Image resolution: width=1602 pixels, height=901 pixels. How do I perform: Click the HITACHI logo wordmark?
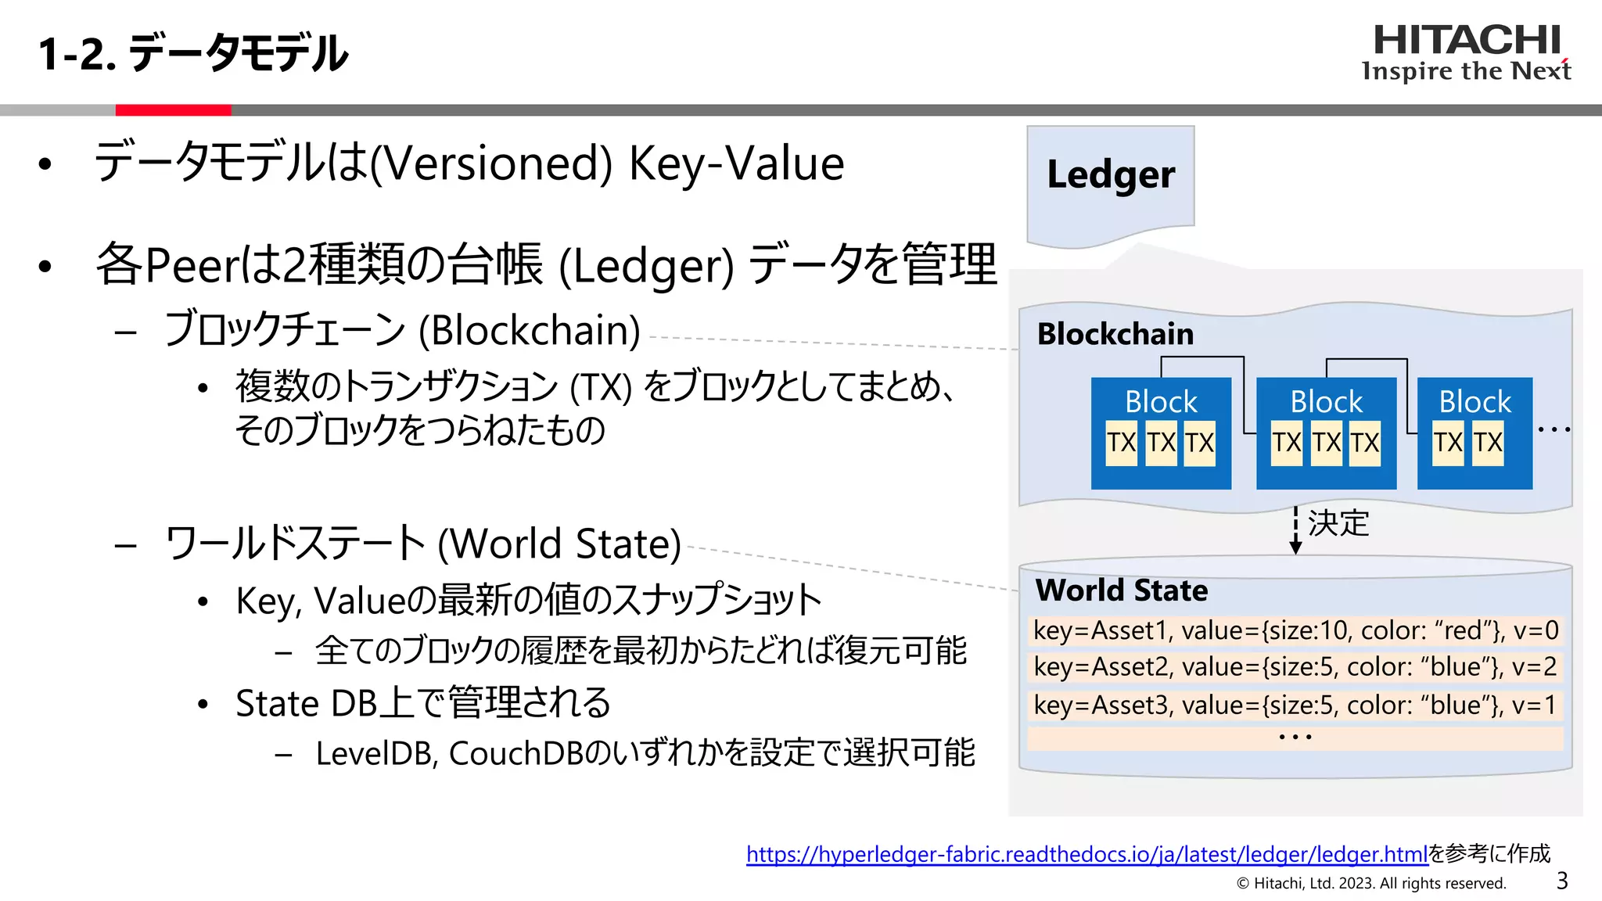1467,41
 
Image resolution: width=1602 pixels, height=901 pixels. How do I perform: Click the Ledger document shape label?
1111,174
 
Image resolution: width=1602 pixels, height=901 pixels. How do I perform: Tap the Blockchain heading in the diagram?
1115,334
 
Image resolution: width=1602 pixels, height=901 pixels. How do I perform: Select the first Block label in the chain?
1161,402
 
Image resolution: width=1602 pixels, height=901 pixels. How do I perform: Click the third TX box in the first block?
1199,443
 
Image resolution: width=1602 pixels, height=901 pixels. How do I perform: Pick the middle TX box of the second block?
1327,443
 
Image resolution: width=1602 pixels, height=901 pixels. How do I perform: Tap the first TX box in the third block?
1448,443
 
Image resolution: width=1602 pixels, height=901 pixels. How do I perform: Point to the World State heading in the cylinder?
1122,590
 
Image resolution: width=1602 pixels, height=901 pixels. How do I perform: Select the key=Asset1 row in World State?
1295,630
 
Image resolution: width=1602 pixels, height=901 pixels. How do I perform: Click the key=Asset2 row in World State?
1295,667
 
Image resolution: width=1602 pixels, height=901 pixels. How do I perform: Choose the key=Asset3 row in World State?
1295,705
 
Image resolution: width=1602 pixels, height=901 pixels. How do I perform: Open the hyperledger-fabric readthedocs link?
1087,854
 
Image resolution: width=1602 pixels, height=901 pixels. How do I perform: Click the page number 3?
1562,881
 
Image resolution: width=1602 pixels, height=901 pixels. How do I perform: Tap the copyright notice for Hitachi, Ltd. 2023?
1371,884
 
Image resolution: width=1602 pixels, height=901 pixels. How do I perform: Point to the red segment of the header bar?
173,110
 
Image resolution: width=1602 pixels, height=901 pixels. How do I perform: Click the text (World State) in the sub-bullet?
559,544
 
